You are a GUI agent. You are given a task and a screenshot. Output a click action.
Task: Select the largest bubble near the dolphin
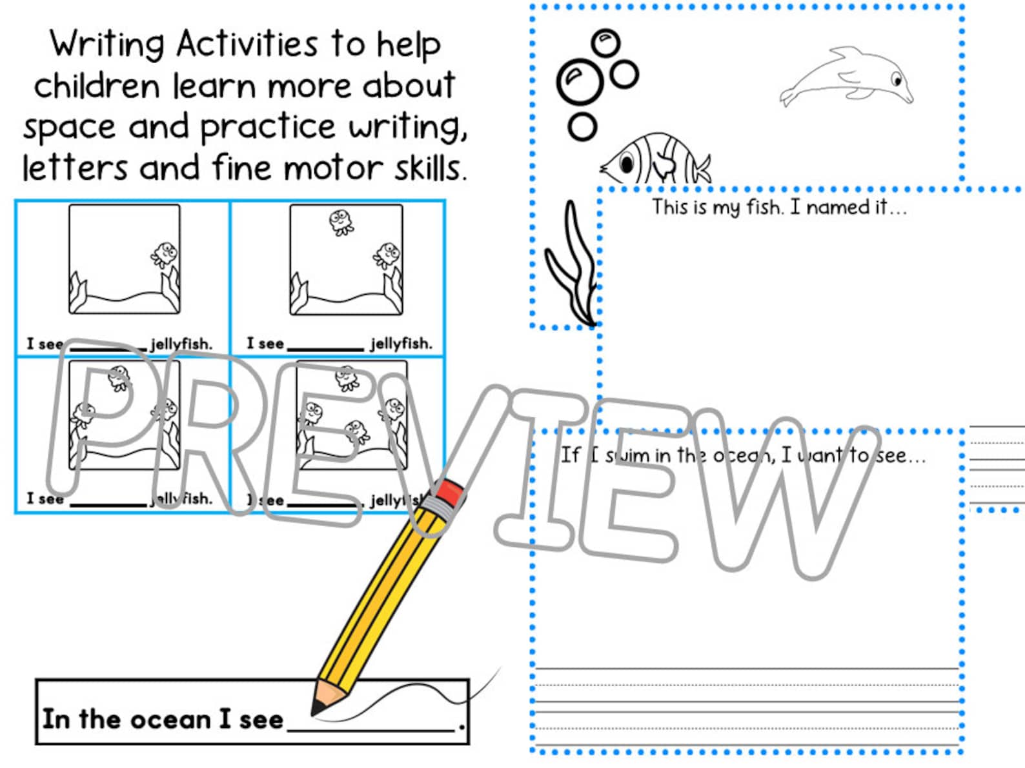pyautogui.click(x=579, y=82)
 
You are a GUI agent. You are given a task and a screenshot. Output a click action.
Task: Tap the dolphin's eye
pyautogui.click(x=897, y=81)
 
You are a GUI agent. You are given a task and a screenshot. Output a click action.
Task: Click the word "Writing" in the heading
pyautogui.click(x=107, y=45)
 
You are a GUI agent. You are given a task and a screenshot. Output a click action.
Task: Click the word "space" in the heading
pyautogui.click(x=69, y=128)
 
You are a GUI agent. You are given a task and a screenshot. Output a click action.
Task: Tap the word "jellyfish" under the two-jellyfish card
pyautogui.click(x=401, y=344)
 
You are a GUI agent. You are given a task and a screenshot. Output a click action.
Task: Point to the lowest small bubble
pyautogui.click(x=582, y=127)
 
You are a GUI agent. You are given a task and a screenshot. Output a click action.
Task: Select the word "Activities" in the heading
pyautogui.click(x=247, y=45)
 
